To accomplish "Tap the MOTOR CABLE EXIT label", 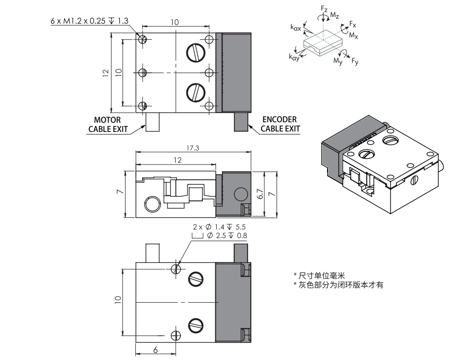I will click(x=107, y=125).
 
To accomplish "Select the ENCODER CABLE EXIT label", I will click(x=280, y=124).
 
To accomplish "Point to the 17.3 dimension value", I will click(x=193, y=148).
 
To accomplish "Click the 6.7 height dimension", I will click(x=260, y=194).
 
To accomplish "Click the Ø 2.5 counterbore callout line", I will click(x=220, y=236).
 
